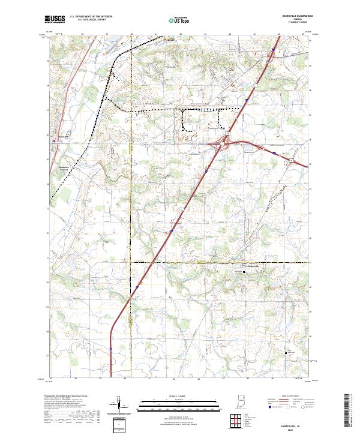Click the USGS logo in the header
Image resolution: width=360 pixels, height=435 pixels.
tap(55, 19)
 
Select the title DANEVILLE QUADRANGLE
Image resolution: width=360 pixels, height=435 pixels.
tap(294, 16)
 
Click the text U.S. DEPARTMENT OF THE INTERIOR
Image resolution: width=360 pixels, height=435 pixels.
tap(91, 17)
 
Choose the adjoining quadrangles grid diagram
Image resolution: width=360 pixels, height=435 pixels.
tap(235, 421)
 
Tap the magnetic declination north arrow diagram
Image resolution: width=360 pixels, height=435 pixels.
tap(119, 406)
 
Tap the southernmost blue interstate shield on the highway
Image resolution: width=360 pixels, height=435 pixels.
tap(111, 348)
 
